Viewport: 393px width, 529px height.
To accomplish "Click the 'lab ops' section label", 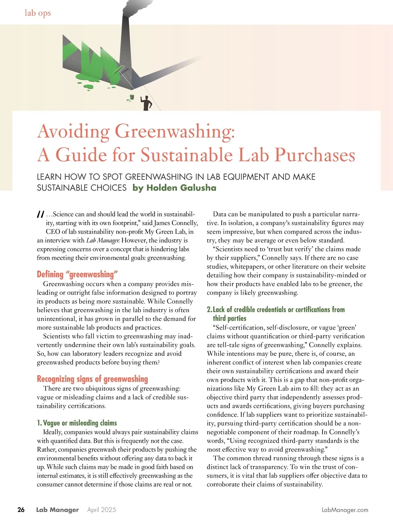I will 38,13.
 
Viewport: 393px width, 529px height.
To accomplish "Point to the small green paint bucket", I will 132,97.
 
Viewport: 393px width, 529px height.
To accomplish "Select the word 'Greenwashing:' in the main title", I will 175,131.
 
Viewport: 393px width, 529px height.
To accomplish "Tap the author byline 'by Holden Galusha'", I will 174,188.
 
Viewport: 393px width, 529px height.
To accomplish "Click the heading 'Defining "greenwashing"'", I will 77,274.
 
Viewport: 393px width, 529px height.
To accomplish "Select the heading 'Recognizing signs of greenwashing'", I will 92,379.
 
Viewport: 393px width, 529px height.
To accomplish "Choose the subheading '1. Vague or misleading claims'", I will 77,423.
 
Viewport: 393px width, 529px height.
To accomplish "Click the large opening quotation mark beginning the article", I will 41,215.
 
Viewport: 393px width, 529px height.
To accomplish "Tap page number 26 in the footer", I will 21,510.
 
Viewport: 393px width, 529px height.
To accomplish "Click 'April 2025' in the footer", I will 102,510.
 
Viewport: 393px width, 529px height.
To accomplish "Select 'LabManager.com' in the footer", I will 345,510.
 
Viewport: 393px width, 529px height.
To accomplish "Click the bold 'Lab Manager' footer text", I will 58,510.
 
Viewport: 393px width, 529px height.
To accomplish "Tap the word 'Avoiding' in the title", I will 73,131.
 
